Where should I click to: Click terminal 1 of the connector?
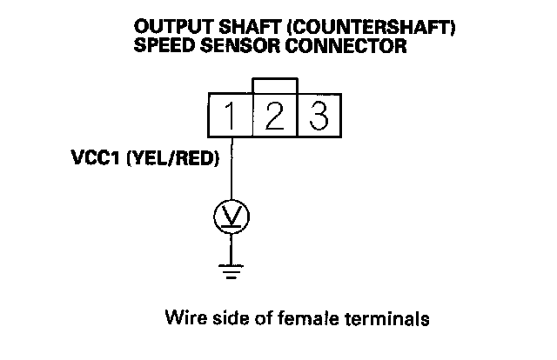(x=230, y=114)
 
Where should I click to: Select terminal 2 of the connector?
(x=275, y=114)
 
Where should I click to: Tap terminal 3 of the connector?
(x=319, y=114)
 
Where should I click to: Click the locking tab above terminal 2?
(x=275, y=84)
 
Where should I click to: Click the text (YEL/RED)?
(x=173, y=161)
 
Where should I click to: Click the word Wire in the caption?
(x=181, y=318)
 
